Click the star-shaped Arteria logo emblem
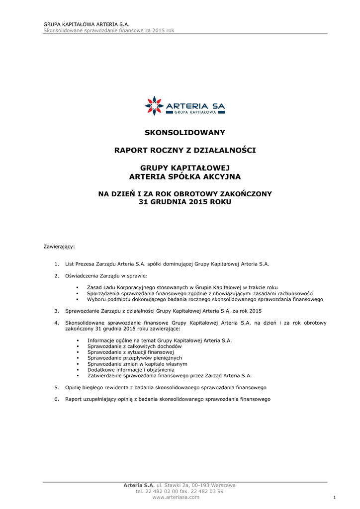point(154,105)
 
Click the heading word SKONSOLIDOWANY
point(185,133)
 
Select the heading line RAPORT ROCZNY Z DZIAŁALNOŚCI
point(185,150)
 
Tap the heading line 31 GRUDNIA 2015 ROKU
point(185,202)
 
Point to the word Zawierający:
point(59,247)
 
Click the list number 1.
point(57,264)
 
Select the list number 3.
point(57,311)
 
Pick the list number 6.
point(57,399)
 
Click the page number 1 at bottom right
point(335,498)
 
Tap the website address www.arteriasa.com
point(176,497)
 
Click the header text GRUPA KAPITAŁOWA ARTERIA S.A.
point(87,24)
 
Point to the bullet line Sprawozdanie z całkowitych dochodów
point(134,346)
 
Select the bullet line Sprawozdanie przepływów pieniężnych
point(134,358)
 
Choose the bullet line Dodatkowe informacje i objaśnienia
point(131,370)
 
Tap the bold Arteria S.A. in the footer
point(139,485)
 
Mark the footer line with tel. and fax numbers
point(180,491)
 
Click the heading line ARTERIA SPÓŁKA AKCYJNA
point(185,176)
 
